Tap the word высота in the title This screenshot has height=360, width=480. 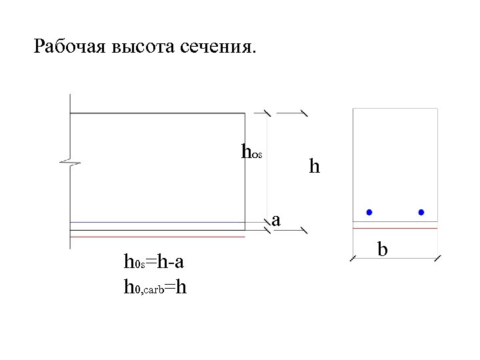pos(135,47)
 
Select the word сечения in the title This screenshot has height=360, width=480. pos(217,47)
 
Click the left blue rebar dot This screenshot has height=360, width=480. pos(369,213)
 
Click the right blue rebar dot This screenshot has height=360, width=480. pos(421,213)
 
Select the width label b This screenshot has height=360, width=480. pos(383,249)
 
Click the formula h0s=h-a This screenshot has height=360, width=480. pos(154,262)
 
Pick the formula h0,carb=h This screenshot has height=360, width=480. pos(155,287)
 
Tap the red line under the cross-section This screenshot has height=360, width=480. pos(395,228)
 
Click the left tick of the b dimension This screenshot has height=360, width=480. pos(353,258)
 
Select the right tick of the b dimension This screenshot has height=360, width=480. pos(437,258)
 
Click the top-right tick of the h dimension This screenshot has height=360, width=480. pos(304,112)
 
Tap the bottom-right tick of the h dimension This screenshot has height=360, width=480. pos(304,231)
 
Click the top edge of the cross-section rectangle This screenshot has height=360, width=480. pos(395,108)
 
